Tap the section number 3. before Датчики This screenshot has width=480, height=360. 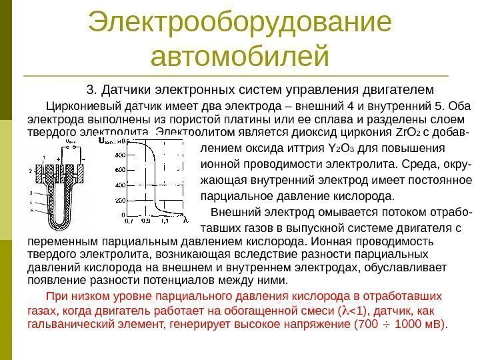[x=93, y=89]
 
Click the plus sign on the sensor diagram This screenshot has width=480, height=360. [x=59, y=160]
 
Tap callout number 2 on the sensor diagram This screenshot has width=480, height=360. [x=30, y=171]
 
